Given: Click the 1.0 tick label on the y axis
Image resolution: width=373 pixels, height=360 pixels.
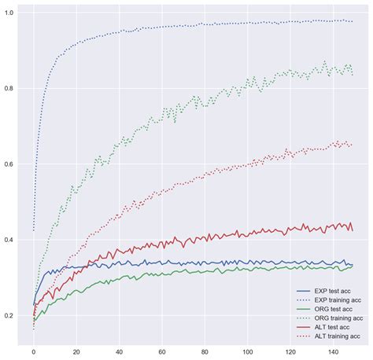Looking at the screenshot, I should click(x=9, y=13).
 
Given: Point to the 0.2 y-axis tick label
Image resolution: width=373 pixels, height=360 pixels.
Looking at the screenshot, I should click(x=9, y=316).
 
